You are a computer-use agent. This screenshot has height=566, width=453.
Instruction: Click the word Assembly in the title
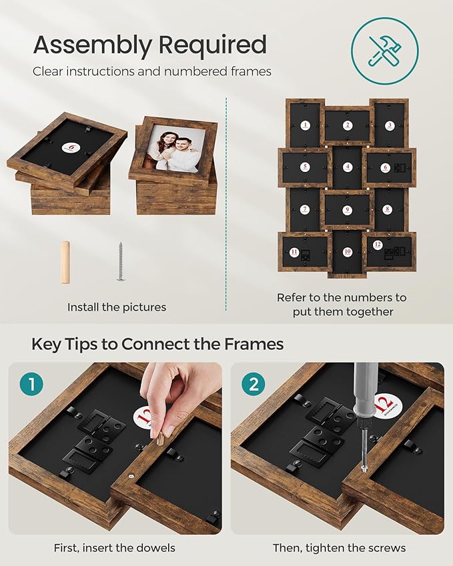point(92,45)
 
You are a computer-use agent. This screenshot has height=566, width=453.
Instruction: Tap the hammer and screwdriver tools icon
point(386,51)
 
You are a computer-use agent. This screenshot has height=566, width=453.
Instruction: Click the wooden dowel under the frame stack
point(65,262)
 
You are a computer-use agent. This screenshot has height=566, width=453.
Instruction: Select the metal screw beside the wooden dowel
point(121,261)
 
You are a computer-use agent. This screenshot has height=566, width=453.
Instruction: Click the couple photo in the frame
point(175,147)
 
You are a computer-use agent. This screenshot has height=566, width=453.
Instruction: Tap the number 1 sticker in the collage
point(306,125)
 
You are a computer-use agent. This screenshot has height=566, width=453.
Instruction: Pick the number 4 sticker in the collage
point(348,167)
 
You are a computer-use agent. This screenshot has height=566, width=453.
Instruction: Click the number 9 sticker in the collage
point(347,210)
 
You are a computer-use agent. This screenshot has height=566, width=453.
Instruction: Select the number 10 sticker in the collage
point(348,251)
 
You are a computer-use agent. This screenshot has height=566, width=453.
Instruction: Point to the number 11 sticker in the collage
point(295,252)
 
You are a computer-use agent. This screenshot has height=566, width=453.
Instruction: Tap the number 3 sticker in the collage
point(390,125)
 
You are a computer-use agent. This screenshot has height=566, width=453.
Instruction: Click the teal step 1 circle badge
point(31,384)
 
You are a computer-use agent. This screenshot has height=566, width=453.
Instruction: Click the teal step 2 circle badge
point(254,384)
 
